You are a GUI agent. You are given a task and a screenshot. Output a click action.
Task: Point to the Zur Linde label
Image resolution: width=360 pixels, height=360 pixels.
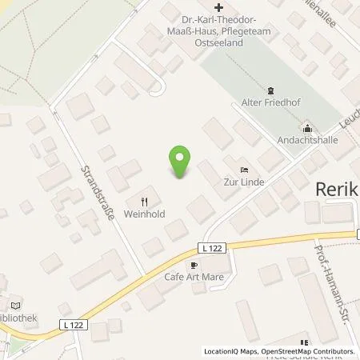244,182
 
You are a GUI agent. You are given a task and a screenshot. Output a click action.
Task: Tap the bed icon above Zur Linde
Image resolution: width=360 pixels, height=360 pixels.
244,169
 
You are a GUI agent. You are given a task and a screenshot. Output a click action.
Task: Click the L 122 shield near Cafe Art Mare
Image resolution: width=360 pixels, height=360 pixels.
210,250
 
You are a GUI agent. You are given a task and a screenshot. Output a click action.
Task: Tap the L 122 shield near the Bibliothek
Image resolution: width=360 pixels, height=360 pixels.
71,324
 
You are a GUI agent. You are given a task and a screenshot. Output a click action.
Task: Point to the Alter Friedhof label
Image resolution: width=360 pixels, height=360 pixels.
270,103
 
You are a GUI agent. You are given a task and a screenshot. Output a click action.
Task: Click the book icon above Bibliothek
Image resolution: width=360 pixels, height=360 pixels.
14,304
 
